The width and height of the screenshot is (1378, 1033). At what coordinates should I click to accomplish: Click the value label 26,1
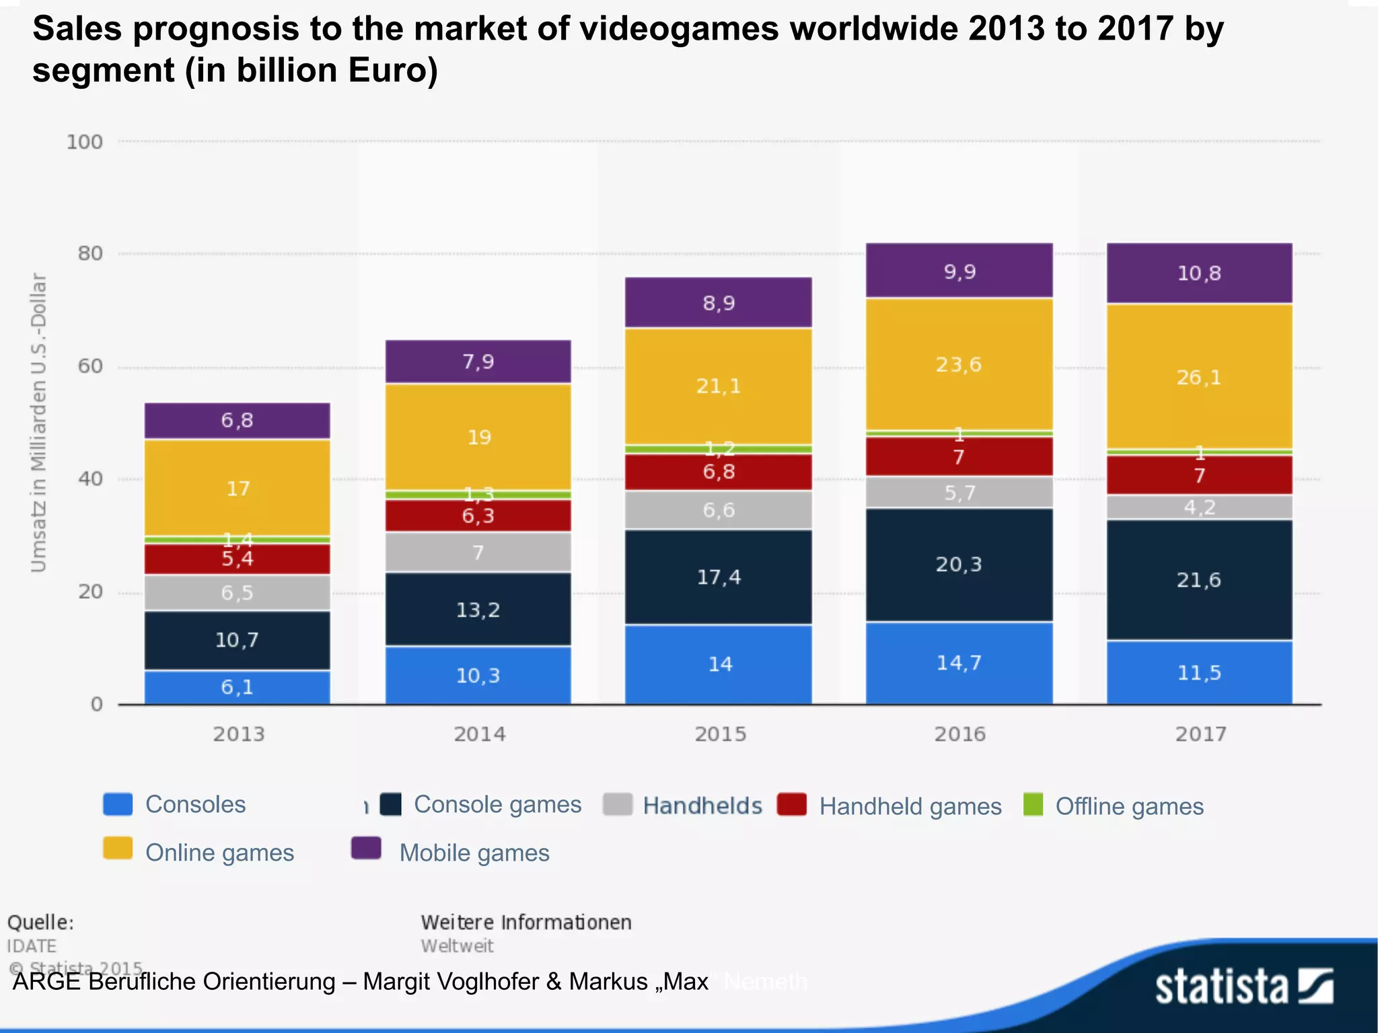(1198, 377)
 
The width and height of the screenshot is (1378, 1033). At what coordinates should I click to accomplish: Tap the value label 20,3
(958, 564)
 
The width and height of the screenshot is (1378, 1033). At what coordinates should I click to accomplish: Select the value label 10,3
(478, 675)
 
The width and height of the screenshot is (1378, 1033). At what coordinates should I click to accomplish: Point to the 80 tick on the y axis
(90, 254)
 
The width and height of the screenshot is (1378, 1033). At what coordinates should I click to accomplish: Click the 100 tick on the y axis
(85, 142)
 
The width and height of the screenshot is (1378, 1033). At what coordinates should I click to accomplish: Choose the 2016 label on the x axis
(959, 734)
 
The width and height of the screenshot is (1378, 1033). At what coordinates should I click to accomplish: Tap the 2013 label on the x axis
(239, 734)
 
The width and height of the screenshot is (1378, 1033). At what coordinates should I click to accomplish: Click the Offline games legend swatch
(1033, 804)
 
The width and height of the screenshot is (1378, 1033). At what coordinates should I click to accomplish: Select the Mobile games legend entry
(474, 853)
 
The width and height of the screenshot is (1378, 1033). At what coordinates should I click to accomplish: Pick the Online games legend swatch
(118, 849)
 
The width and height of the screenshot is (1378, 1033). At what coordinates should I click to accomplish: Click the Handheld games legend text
(910, 806)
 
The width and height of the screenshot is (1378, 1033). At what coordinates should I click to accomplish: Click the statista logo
(1244, 987)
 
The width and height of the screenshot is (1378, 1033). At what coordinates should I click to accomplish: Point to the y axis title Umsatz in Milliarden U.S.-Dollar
(39, 423)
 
